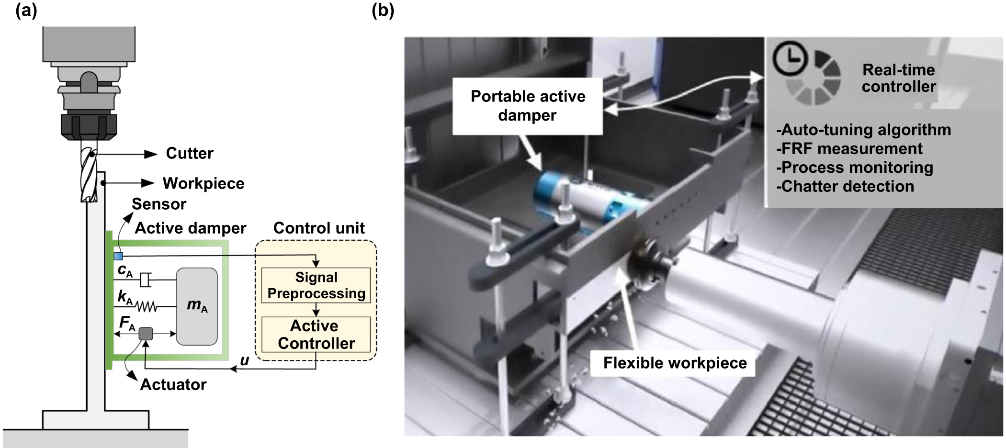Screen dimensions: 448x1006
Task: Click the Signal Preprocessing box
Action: [316, 285]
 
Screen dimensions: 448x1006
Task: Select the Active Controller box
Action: [316, 335]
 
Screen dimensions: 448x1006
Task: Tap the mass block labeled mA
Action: [197, 306]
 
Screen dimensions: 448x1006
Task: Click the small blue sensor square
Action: [118, 256]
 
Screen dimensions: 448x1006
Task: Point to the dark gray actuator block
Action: [146, 334]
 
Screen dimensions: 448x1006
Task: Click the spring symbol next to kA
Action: [147, 306]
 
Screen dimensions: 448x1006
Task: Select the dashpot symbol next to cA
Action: [146, 280]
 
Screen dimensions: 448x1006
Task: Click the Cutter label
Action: [189, 154]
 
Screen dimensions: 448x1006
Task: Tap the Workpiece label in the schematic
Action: [203, 183]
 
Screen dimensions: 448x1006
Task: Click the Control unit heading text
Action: [319, 228]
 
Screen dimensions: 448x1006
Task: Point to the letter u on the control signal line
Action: [244, 361]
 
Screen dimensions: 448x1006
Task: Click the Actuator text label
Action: [173, 384]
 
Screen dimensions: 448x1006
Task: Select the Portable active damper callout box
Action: [527, 106]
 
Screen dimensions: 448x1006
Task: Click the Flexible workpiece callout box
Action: [674, 363]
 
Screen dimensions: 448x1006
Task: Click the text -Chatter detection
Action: [845, 186]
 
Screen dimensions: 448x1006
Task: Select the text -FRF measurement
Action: [849, 149]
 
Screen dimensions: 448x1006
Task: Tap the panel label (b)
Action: [383, 10]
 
